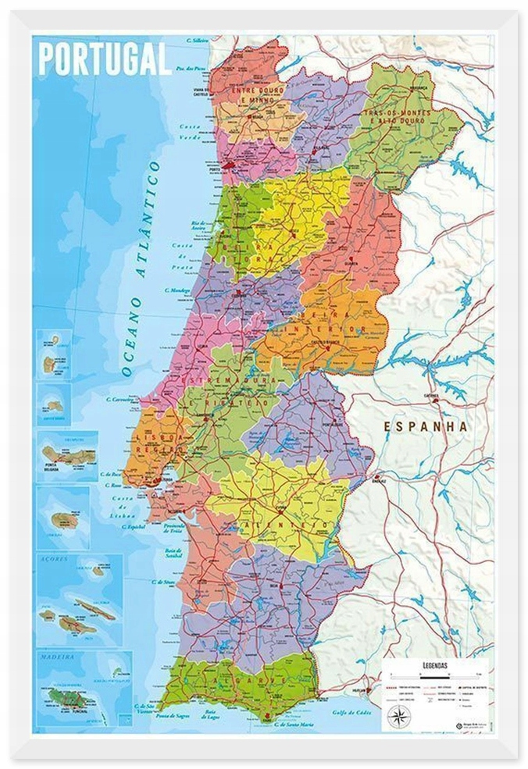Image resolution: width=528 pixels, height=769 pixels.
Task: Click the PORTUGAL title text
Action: [x=104, y=59]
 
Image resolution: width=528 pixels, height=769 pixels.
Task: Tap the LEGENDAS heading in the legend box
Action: [x=433, y=665]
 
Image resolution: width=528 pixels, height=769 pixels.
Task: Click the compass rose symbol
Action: [x=396, y=717]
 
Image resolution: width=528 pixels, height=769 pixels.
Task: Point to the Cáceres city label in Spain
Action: [x=430, y=396]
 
